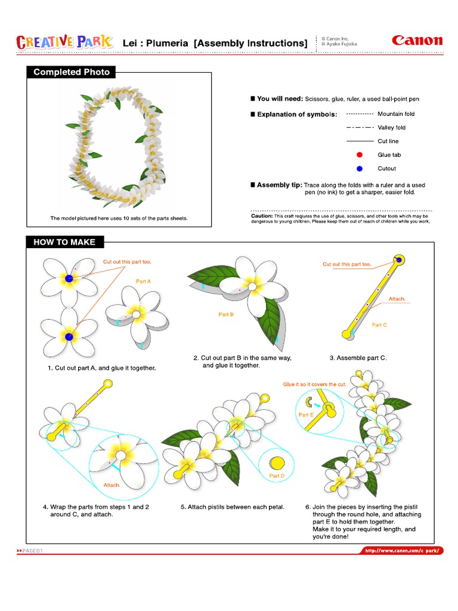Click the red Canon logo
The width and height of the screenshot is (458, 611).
tap(417, 41)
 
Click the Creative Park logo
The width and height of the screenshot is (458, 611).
tap(64, 42)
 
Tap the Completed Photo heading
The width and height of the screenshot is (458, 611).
tap(72, 72)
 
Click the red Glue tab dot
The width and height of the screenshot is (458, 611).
tap(359, 155)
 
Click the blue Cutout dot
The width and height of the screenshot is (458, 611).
tap(359, 169)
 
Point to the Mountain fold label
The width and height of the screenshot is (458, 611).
tap(396, 114)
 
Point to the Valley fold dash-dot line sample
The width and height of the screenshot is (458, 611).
tap(360, 128)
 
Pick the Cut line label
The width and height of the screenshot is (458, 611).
tap(388, 141)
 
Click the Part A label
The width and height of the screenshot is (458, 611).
tap(144, 281)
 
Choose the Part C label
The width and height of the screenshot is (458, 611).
tap(379, 325)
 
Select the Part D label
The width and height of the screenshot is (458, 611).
tap(277, 476)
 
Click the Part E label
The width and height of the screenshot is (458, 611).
tap(305, 414)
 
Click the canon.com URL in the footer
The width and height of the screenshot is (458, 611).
tap(403, 551)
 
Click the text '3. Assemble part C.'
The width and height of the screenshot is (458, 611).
tap(358, 358)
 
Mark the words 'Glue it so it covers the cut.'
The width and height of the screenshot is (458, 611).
tap(314, 384)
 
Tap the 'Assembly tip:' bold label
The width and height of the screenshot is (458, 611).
tap(279, 186)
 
